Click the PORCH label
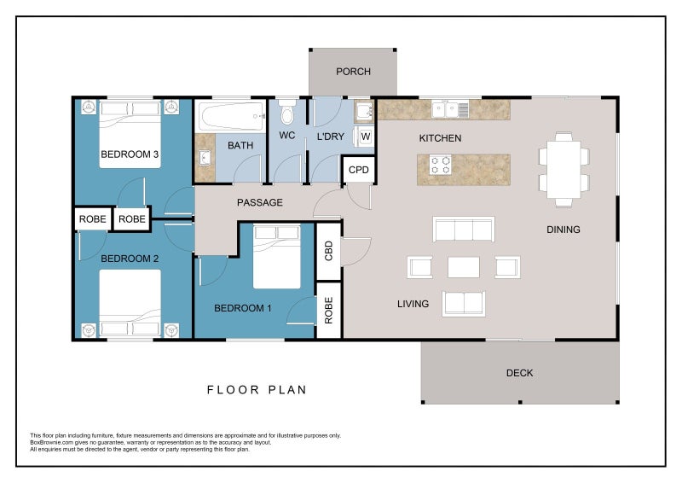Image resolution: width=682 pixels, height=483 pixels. (x=353, y=72)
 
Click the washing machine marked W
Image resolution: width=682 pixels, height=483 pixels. (x=364, y=137)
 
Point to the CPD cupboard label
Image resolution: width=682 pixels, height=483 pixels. (x=358, y=170)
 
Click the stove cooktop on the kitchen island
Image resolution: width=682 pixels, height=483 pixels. (x=440, y=165)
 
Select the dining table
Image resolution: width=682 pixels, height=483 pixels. (x=564, y=170)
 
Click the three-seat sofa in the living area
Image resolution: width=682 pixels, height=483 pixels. (x=463, y=229)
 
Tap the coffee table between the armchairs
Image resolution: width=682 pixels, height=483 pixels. (x=464, y=267)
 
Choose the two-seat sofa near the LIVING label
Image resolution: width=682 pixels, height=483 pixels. (x=464, y=304)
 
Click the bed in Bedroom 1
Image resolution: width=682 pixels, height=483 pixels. (x=276, y=257)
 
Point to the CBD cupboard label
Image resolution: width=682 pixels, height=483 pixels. (x=329, y=251)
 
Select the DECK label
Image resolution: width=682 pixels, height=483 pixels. (x=519, y=373)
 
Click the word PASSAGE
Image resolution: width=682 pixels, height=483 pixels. (x=260, y=202)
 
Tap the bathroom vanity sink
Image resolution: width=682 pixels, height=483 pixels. (x=205, y=158)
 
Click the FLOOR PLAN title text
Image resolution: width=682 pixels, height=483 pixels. (x=257, y=390)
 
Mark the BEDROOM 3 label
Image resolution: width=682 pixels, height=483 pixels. (x=130, y=154)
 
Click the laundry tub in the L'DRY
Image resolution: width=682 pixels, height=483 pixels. (x=364, y=112)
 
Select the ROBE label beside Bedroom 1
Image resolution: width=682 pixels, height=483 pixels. (x=329, y=311)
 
